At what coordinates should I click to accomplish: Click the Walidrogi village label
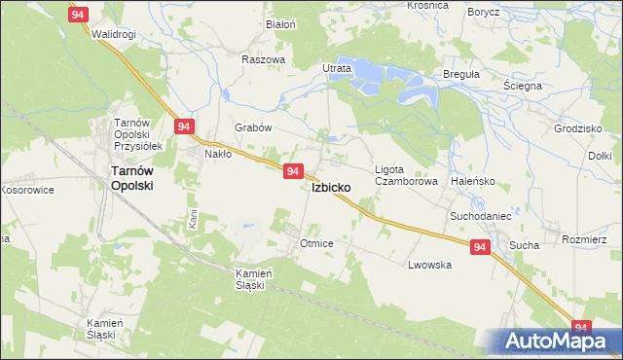pyautogui.click(x=113, y=34)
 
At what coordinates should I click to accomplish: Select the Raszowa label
pyautogui.click(x=263, y=59)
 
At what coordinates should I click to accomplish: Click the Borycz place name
pyautogui.click(x=483, y=12)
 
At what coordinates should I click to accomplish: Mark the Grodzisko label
pyautogui.click(x=575, y=128)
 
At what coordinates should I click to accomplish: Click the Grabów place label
pyautogui.click(x=253, y=127)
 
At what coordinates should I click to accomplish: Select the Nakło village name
pyautogui.click(x=217, y=153)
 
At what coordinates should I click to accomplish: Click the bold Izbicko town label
pyautogui.click(x=338, y=187)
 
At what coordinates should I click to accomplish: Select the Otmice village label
pyautogui.click(x=318, y=243)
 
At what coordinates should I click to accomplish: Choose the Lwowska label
pyautogui.click(x=429, y=265)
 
